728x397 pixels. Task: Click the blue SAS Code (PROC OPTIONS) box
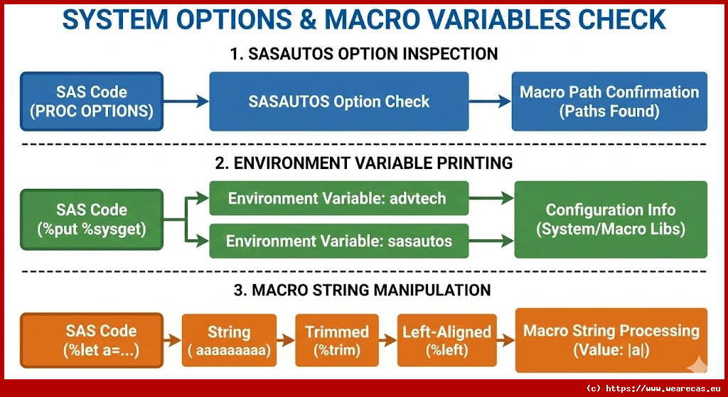92,101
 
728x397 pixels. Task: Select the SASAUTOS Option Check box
339,101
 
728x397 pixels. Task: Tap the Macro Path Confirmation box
609,101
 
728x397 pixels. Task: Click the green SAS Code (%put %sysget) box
92,219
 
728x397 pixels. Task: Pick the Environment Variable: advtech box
339,198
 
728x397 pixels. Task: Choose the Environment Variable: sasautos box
339,241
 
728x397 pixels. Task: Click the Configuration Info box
611,219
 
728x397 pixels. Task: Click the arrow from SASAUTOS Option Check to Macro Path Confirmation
491,102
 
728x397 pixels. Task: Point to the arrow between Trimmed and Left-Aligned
387,341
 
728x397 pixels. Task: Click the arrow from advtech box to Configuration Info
491,199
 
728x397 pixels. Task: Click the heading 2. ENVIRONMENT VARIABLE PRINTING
365,163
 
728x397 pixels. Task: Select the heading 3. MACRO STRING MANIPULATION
365,290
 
